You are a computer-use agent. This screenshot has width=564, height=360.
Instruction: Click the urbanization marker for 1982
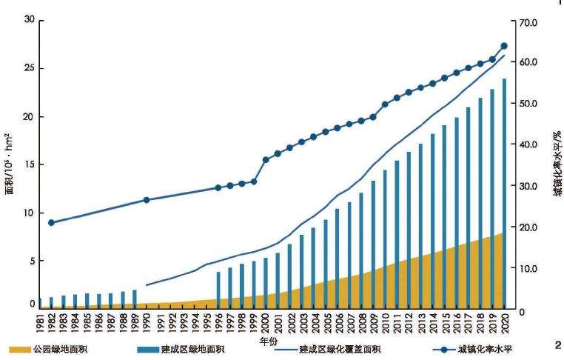(x=51, y=222)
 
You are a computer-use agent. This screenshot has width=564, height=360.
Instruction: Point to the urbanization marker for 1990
(x=147, y=200)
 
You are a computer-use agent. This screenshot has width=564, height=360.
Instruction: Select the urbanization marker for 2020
(x=504, y=46)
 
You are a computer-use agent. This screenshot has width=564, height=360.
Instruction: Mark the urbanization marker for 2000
(x=266, y=159)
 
